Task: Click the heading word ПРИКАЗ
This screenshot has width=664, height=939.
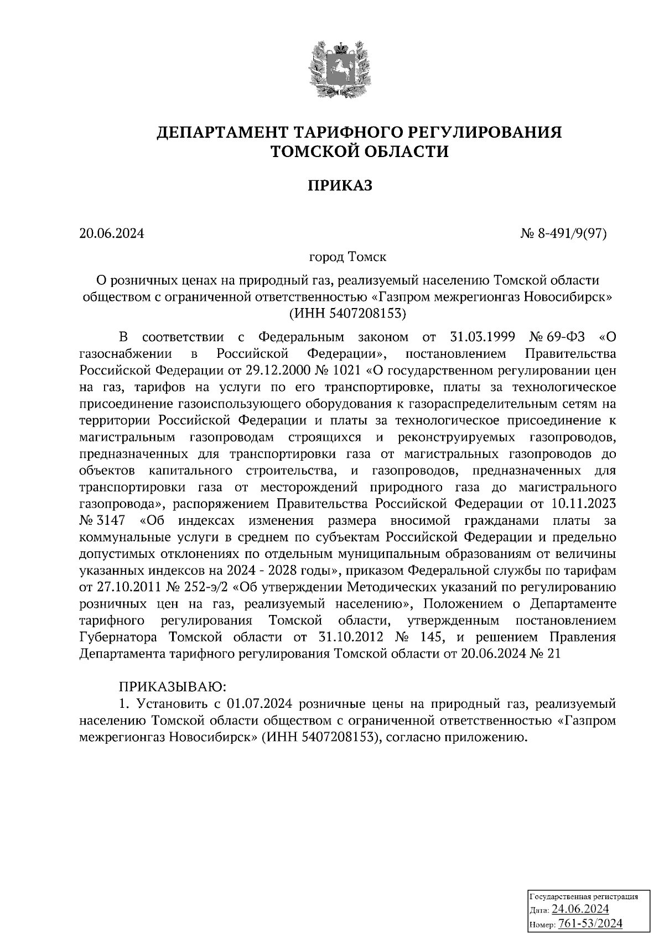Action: point(340,186)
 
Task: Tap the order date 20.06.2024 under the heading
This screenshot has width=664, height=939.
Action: point(111,234)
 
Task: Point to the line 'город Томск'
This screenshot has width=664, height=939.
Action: point(347,257)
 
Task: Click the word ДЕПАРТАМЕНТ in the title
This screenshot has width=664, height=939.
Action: point(222,133)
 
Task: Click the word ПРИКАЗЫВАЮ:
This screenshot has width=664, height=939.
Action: point(172,687)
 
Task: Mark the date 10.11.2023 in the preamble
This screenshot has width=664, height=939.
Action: point(584,504)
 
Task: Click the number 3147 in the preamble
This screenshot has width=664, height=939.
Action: point(111,521)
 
